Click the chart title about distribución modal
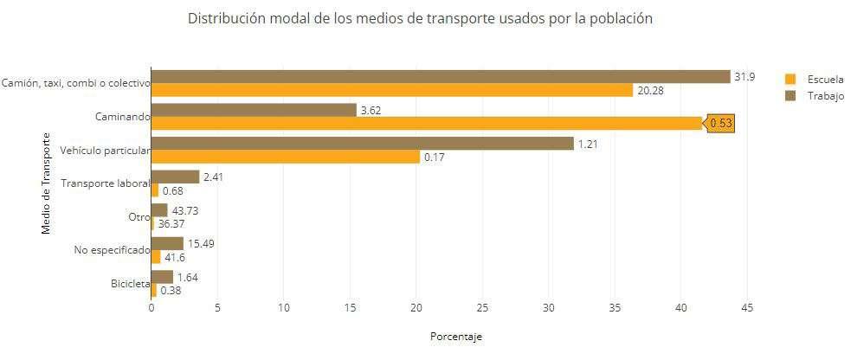point(420,18)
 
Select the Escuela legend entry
point(815,80)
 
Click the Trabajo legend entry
point(815,96)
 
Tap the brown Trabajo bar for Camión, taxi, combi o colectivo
point(441,76)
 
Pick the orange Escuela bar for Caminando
point(426,124)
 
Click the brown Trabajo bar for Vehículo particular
point(363,144)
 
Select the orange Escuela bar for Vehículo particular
point(286,157)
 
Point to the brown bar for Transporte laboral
point(175,177)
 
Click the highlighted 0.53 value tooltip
point(721,124)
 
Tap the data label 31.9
point(744,77)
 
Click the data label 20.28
point(650,91)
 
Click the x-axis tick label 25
point(482,309)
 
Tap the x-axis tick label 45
point(747,309)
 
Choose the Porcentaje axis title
point(456,337)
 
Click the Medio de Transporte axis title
point(47,183)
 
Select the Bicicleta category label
point(130,284)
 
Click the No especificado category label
point(112,251)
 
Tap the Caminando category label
point(122,116)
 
